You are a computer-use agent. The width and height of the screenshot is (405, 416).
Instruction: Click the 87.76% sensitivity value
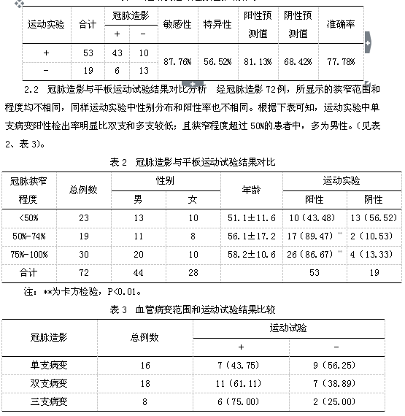176,61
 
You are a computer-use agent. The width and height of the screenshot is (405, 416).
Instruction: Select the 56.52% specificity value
217,61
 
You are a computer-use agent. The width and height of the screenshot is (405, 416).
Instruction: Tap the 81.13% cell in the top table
259,61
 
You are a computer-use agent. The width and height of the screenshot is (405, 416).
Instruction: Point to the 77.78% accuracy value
341,61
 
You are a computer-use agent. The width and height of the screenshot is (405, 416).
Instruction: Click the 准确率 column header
341,24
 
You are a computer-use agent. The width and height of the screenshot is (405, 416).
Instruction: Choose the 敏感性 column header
176,24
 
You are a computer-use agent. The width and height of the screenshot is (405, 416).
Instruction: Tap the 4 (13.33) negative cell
373,255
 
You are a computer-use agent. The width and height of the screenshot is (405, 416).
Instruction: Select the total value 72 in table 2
83,273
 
